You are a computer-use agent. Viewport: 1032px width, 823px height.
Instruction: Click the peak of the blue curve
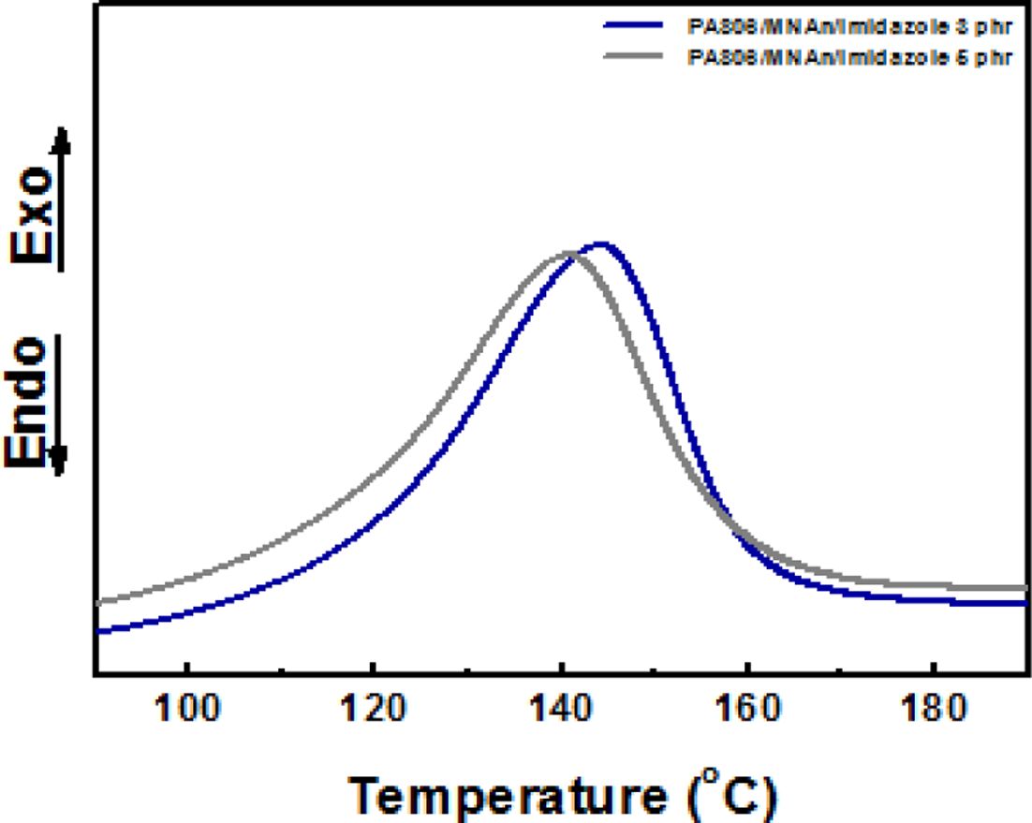601,244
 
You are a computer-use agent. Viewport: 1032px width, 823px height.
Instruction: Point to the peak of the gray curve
568,253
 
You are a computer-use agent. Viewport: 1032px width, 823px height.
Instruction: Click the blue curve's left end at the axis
97,632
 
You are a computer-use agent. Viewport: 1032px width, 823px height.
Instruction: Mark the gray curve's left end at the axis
97,602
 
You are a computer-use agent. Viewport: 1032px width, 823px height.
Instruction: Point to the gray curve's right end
1026,587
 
